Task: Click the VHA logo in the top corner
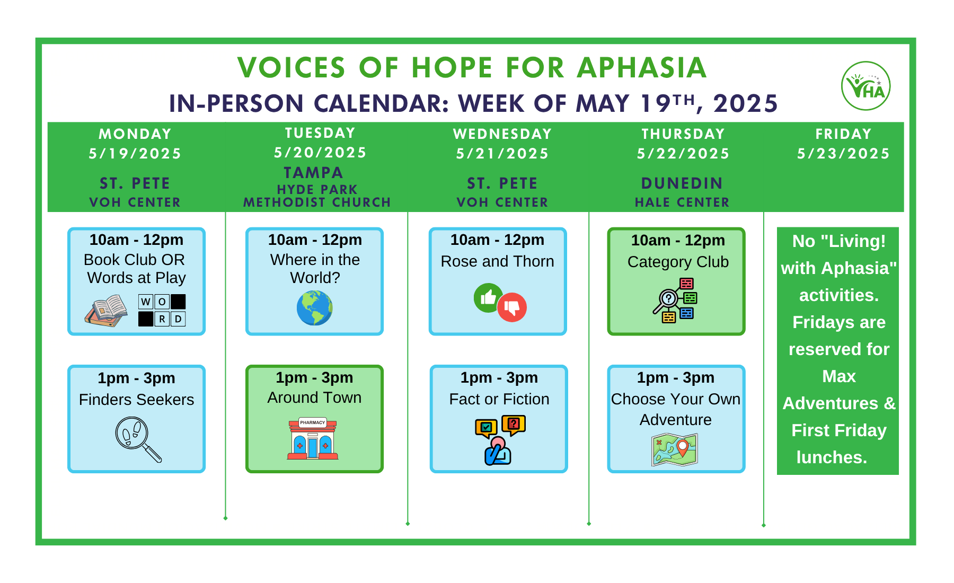865,86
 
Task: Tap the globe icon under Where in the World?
314,308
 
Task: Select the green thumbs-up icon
488,297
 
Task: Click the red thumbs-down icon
512,307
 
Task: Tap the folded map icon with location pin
675,449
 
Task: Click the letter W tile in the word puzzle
146,302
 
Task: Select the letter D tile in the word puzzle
178,319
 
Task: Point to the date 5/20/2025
320,153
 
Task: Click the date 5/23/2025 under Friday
843,154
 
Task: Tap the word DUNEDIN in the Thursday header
682,183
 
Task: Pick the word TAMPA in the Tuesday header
314,173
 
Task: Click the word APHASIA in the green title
642,68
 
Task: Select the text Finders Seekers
137,400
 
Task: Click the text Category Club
678,262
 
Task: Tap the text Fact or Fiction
499,399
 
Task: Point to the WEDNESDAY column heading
502,134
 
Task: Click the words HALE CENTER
682,202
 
